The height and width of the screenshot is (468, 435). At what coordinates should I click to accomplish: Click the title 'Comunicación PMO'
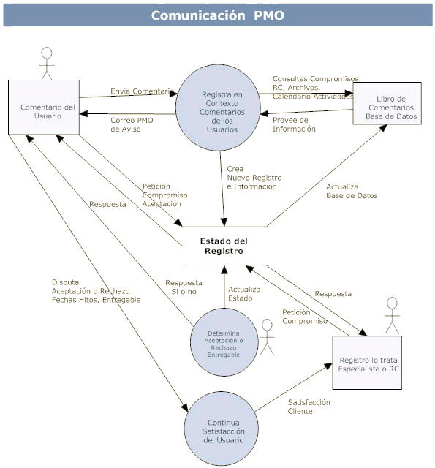218,15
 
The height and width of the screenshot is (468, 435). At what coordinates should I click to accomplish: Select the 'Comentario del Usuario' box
44,107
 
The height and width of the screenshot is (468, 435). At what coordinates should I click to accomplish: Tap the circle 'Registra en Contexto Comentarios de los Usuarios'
218,107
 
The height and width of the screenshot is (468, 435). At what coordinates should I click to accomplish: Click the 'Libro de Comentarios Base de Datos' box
387,103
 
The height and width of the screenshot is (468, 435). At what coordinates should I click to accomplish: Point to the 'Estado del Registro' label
224,246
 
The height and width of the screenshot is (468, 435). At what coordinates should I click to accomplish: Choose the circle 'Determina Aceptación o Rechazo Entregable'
224,342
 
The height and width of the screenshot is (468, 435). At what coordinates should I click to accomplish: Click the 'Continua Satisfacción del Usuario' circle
221,429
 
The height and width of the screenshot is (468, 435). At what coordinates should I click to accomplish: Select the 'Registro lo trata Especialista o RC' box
367,363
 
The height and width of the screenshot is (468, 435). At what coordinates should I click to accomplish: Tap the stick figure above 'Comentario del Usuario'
47,64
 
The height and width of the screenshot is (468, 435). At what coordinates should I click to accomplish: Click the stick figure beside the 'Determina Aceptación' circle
267,337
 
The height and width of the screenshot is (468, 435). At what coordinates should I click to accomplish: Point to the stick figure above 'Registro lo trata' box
392,315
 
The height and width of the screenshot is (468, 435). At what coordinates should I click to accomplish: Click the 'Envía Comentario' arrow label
143,91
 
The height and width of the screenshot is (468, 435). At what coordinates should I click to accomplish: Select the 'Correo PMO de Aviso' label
132,124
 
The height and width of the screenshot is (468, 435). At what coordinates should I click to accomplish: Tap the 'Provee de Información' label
294,124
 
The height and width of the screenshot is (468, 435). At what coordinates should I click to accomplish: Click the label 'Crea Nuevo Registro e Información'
254,178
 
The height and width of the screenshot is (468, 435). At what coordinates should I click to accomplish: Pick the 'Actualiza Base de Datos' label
352,191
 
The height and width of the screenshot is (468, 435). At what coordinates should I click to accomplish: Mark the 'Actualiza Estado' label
244,294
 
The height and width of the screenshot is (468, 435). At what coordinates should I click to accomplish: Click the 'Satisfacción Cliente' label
309,407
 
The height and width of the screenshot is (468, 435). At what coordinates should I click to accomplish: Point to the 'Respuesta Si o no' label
184,287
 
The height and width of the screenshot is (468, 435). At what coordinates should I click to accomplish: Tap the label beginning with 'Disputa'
96,291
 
